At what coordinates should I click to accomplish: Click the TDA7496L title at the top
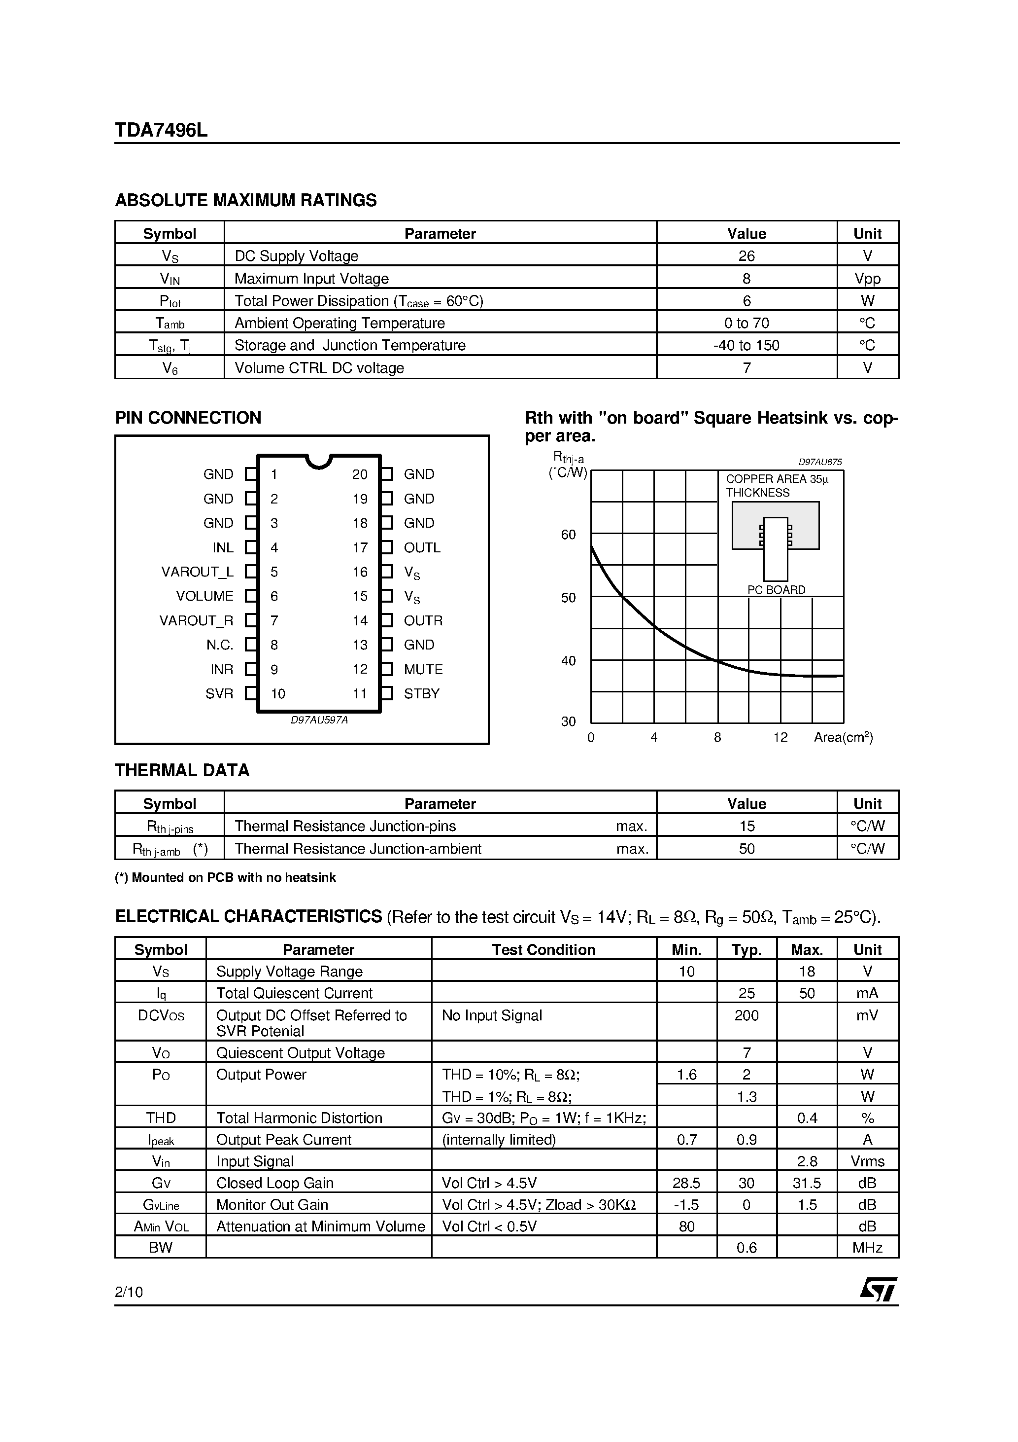coord(161,130)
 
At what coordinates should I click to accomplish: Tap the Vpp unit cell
coord(867,279)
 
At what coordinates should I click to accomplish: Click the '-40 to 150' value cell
coord(746,345)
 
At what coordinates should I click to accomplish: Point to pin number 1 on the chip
coord(274,474)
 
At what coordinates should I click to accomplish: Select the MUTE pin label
coord(423,670)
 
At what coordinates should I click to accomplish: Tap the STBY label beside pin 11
coord(421,694)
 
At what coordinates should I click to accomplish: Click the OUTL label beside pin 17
coord(422,548)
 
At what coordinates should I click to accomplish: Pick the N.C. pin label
coord(220,645)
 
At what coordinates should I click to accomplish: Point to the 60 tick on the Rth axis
coord(568,535)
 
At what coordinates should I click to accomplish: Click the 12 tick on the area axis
coord(780,738)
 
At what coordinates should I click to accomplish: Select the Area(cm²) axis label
coord(843,738)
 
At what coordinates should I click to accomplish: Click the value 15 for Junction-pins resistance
coord(746,827)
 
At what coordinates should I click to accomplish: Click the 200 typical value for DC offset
coord(746,1015)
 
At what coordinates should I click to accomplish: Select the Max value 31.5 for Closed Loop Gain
coord(807,1183)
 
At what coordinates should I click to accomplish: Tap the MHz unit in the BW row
coord(867,1248)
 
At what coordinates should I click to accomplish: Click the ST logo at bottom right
coord(878,1290)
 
